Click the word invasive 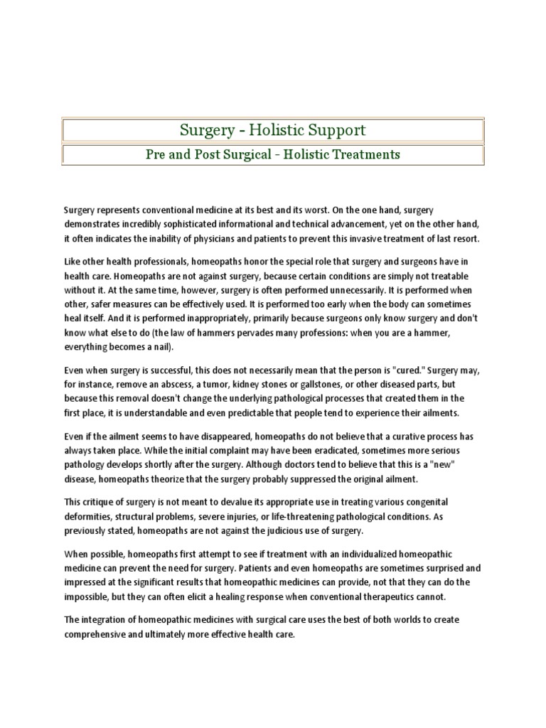pos(352,238)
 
